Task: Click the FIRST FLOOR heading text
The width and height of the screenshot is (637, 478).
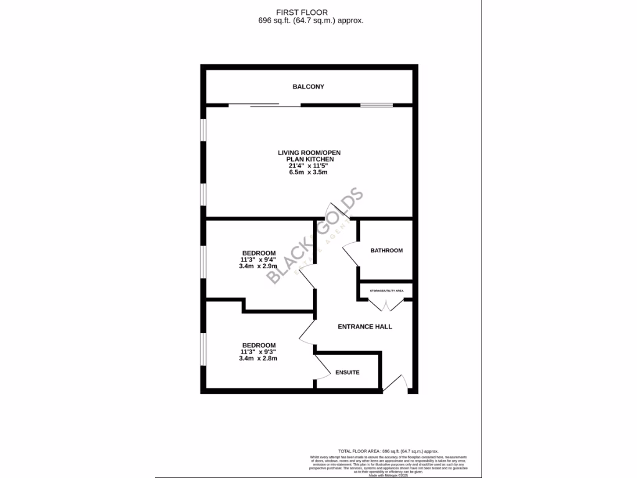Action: pyautogui.click(x=302, y=12)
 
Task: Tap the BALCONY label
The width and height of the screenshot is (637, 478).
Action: pyautogui.click(x=309, y=87)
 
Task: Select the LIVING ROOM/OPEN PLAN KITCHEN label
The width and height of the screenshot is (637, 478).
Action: pyautogui.click(x=309, y=156)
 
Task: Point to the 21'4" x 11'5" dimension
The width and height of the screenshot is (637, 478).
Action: pyautogui.click(x=309, y=166)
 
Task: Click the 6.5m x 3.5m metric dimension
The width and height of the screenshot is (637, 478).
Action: pyautogui.click(x=309, y=172)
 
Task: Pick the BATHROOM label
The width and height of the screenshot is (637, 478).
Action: pyautogui.click(x=386, y=250)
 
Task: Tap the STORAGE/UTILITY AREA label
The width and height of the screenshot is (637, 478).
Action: pyautogui.click(x=386, y=291)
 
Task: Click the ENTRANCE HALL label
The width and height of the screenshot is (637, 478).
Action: pyautogui.click(x=365, y=326)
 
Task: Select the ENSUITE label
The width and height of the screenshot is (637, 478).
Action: pyautogui.click(x=347, y=372)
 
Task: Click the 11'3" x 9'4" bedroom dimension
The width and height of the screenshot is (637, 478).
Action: pyautogui.click(x=258, y=260)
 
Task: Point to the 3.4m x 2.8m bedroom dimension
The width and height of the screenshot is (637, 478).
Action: pyautogui.click(x=258, y=358)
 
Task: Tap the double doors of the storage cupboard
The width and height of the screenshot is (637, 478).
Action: pyautogui.click(x=386, y=304)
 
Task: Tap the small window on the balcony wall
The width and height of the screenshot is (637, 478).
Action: pyautogui.click(x=376, y=105)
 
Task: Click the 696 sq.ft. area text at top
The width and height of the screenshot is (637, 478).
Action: pyautogui.click(x=310, y=21)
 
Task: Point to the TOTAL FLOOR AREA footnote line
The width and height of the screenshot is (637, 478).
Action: pyautogui.click(x=388, y=451)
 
